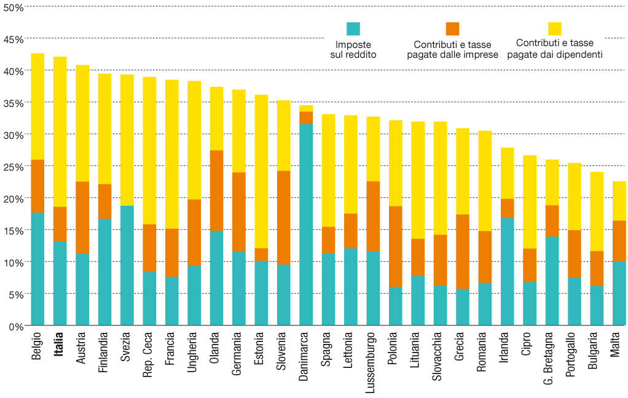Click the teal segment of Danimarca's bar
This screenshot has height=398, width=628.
click(305, 224)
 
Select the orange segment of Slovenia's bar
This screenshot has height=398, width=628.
click(283, 217)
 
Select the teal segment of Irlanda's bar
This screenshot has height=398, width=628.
click(507, 271)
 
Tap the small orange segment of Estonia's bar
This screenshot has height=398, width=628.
click(261, 254)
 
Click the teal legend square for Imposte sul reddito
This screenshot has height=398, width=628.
click(353, 28)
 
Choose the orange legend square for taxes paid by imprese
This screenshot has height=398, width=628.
click(452, 28)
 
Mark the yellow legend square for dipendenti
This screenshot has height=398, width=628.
click(554, 28)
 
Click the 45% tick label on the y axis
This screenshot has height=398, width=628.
click(13, 39)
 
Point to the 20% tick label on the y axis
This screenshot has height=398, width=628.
click(13, 198)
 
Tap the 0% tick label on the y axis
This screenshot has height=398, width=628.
click(15, 326)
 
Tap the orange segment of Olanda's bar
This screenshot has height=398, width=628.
click(216, 190)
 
